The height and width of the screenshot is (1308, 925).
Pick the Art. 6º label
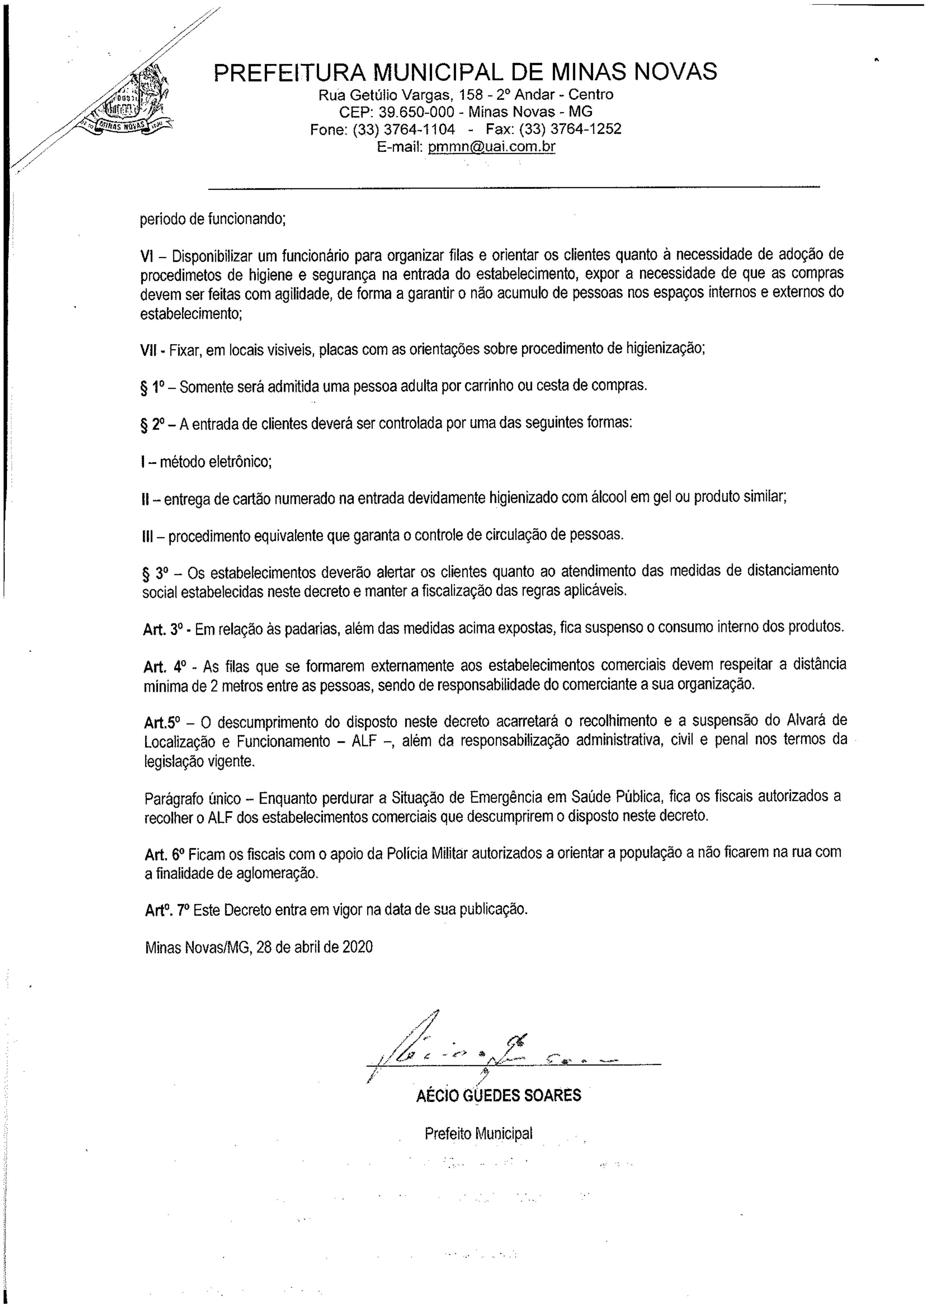coord(165,853)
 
